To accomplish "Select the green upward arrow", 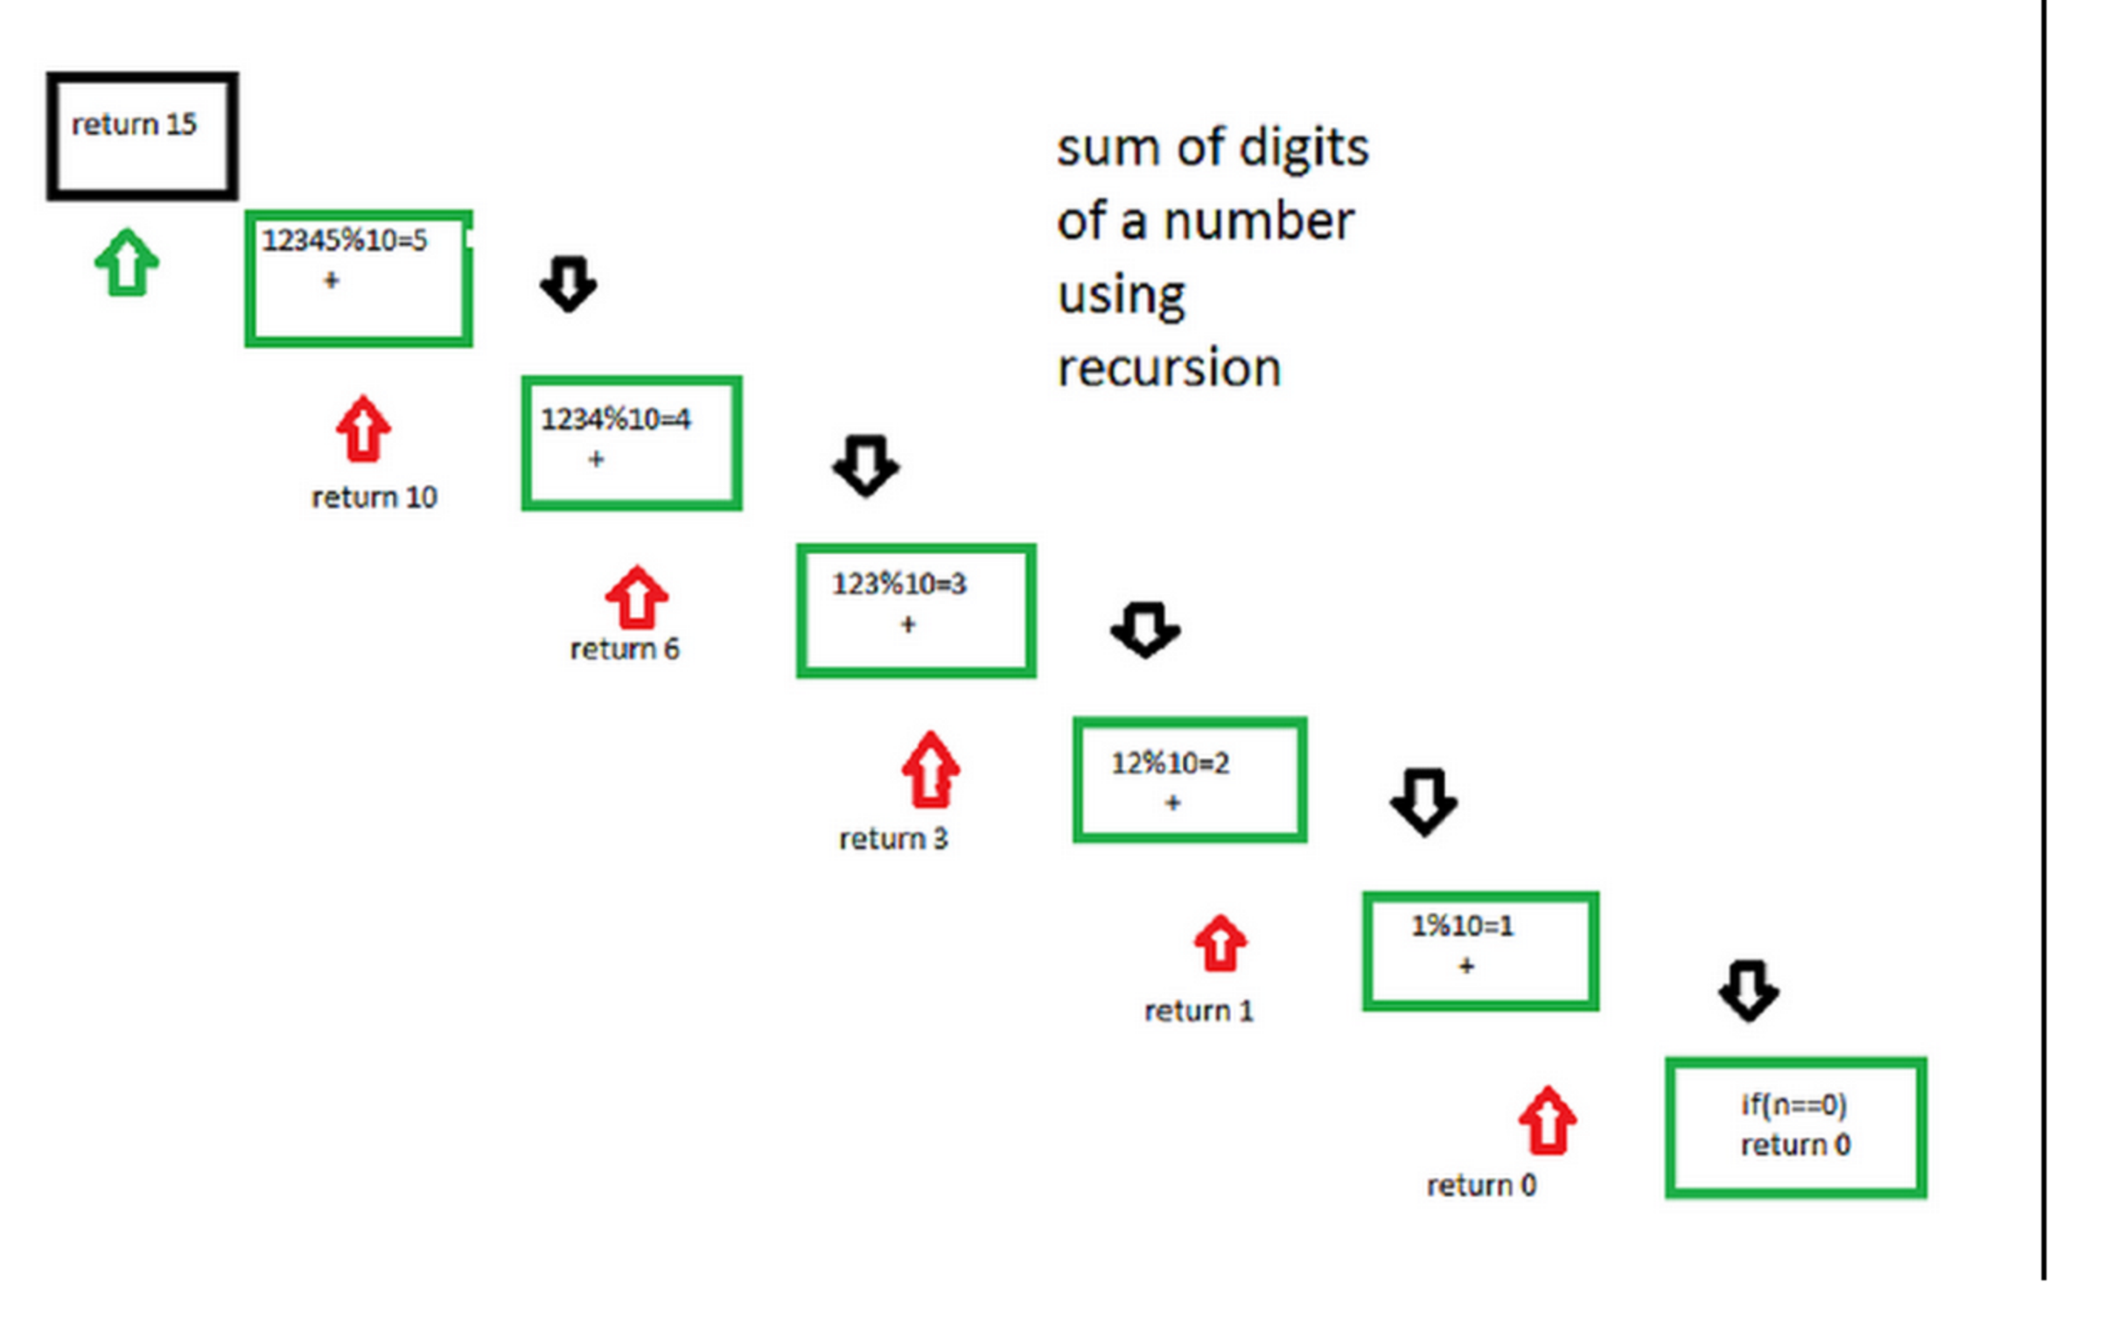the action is point(127,263).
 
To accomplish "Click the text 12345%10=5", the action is point(345,240).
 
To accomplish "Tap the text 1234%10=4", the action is point(615,419).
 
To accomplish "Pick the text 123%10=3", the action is point(899,584).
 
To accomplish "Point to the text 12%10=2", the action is point(1170,764).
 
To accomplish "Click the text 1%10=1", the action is point(1462,925).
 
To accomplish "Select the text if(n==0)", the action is point(1794,1105).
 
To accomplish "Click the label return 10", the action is point(375,497).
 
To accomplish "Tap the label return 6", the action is point(624,649).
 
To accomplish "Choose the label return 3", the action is point(893,839).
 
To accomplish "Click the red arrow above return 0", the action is point(1547,1121).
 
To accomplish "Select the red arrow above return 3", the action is point(930,770).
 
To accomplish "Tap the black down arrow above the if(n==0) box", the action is point(1748,990).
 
